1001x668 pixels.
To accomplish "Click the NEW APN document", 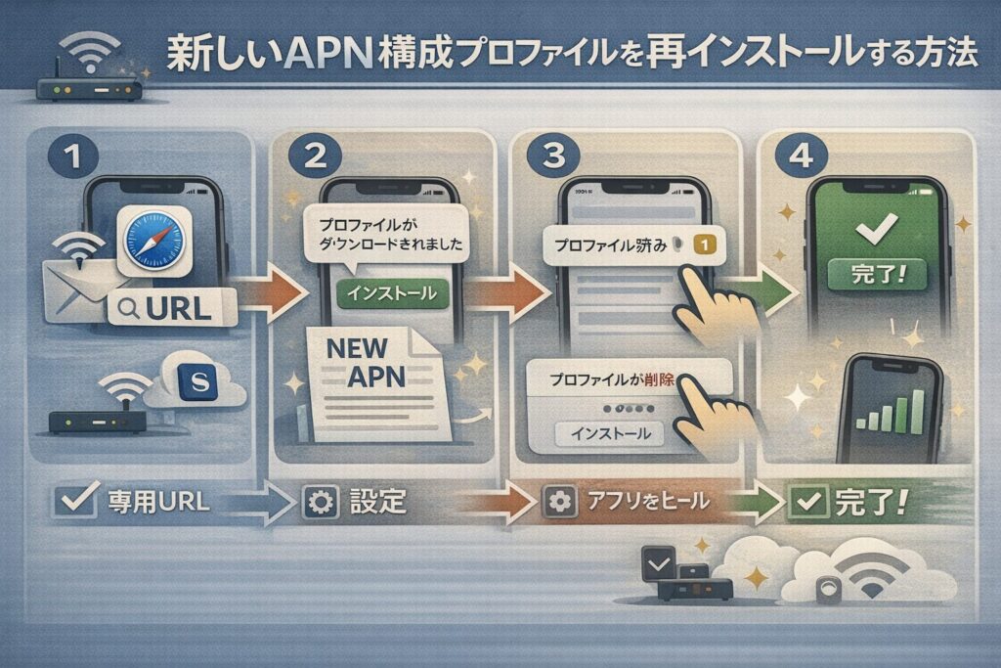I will pyautogui.click(x=367, y=377).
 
